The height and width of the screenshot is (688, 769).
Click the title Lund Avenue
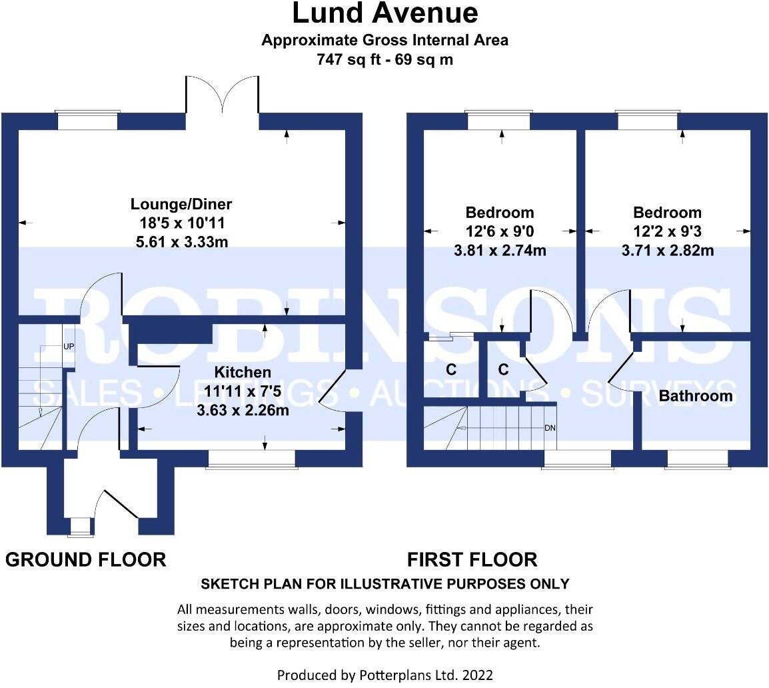point(384,13)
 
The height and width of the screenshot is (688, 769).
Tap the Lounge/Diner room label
point(181,204)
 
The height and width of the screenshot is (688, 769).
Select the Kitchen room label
point(243,372)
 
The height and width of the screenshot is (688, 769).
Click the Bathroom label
point(696,396)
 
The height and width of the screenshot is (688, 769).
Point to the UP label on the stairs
point(68,347)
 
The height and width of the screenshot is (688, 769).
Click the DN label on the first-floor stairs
point(550,428)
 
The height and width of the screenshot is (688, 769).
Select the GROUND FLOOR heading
point(85,559)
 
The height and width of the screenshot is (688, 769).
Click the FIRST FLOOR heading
point(472,559)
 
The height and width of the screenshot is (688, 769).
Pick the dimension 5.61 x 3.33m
point(181,242)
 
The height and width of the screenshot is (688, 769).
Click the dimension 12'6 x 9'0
point(499,232)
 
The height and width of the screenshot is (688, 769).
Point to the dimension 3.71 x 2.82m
point(667,251)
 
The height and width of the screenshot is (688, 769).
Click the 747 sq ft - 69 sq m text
point(384,59)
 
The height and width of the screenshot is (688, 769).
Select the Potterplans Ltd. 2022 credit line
point(384,675)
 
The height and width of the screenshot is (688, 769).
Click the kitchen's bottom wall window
point(251,459)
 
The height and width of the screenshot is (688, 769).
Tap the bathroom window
point(698,459)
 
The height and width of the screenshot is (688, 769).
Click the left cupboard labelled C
point(451,369)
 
